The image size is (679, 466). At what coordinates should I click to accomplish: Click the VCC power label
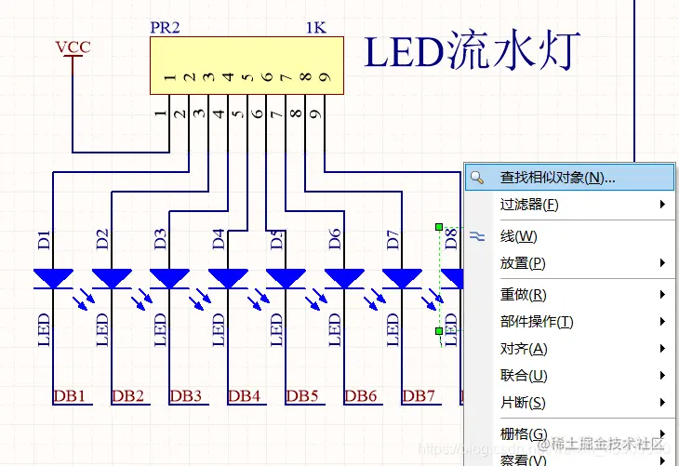tap(73, 47)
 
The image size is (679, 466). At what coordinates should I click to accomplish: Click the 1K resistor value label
tap(316, 27)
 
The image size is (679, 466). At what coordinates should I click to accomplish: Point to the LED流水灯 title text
tap(472, 52)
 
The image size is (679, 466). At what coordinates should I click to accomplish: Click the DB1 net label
tap(70, 396)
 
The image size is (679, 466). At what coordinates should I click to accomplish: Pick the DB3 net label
tap(186, 396)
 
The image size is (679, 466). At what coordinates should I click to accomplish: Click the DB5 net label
tap(302, 396)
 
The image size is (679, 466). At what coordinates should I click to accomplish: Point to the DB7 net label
tap(419, 396)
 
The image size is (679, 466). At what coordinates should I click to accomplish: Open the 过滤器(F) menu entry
tap(529, 205)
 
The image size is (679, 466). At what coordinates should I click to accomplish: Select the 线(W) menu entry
tap(518, 236)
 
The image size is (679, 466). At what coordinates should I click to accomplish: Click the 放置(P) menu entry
tap(522, 263)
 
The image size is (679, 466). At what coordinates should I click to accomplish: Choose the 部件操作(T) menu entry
tap(536, 322)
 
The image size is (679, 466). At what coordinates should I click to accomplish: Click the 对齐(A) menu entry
tap(523, 349)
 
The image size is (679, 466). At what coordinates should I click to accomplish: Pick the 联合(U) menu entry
tap(523, 376)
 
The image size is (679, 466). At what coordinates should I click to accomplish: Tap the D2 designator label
tap(102, 238)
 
